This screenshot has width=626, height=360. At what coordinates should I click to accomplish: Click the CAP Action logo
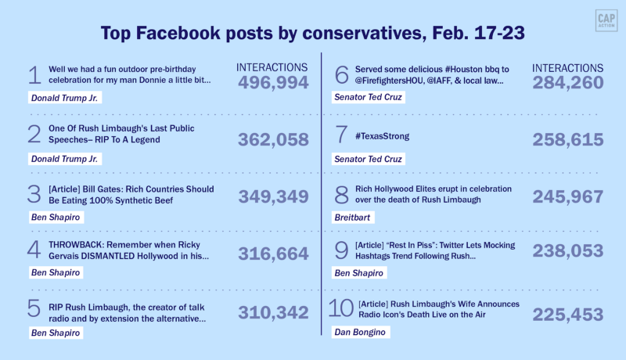[604, 21]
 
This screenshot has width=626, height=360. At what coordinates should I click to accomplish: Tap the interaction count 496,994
[273, 83]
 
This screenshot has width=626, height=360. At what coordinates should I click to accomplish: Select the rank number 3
[34, 195]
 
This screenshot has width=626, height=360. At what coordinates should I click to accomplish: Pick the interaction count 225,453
[568, 315]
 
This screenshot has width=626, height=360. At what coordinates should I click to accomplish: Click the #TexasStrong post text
[383, 137]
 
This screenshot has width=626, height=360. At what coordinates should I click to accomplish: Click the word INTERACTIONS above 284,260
[568, 69]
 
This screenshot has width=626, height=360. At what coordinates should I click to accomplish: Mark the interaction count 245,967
[568, 197]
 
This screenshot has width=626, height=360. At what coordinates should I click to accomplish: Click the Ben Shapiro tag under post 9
[358, 273]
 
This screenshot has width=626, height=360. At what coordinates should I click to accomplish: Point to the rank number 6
[340, 75]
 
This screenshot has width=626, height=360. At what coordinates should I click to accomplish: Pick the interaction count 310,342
[273, 313]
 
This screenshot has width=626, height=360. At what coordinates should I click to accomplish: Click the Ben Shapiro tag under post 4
[54, 273]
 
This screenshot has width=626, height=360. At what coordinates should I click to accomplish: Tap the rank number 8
[340, 195]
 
